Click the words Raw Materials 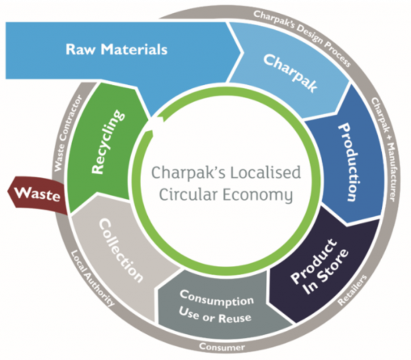click(x=116, y=50)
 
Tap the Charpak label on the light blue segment click(x=290, y=73)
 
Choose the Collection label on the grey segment click(x=121, y=250)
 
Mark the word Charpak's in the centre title click(x=185, y=173)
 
